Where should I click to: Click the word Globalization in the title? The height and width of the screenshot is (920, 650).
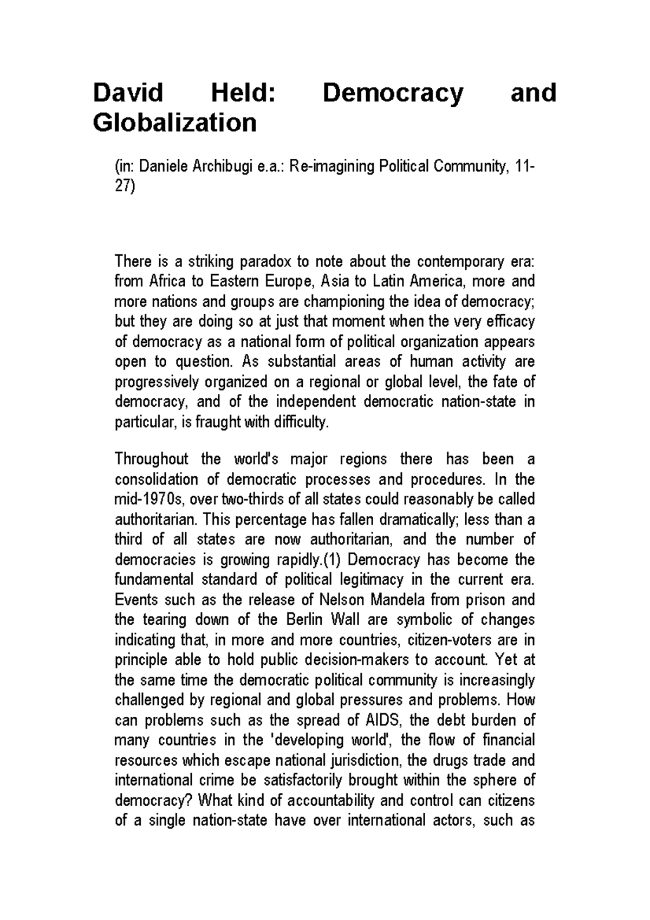point(174,123)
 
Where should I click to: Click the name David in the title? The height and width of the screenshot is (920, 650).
point(128,93)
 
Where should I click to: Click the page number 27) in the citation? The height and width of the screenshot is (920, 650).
point(125,187)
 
